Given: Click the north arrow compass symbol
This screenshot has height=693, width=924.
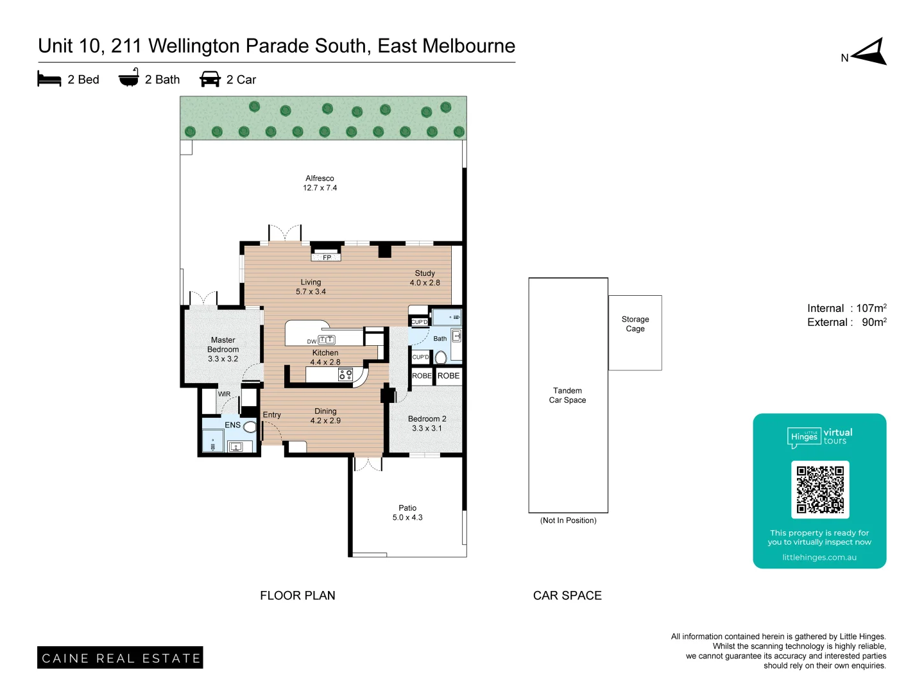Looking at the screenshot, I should (870, 52).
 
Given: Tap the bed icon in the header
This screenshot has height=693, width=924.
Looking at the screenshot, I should (49, 79).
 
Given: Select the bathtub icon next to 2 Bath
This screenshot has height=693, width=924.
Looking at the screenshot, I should (128, 78).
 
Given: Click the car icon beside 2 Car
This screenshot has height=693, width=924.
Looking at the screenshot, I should (210, 79).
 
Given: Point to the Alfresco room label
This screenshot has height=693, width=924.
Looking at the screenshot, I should (320, 183).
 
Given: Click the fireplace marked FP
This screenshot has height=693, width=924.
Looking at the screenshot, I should (326, 257).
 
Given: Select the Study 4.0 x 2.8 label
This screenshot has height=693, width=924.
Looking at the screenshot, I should (425, 278).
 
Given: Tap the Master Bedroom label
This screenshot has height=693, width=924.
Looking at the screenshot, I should (223, 349).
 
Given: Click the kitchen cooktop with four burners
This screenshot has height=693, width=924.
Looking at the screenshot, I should (345, 374).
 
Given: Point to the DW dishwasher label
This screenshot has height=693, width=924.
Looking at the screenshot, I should (311, 341).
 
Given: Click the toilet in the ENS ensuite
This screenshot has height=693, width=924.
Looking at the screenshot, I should (250, 427).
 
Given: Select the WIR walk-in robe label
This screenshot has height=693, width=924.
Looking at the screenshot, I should (224, 394).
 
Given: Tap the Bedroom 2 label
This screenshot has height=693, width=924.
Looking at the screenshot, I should (427, 423).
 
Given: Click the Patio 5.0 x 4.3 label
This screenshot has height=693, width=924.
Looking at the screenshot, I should (407, 512).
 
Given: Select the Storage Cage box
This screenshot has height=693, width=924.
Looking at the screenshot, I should (635, 332).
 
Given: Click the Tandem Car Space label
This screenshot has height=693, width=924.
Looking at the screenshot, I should (567, 395).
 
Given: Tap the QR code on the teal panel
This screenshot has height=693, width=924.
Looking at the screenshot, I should (820, 489).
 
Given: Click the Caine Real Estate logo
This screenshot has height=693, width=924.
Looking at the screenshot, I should (120, 658).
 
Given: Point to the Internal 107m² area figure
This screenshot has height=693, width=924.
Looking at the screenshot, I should (846, 308).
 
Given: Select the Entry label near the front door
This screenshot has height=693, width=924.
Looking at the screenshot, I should (271, 415).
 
